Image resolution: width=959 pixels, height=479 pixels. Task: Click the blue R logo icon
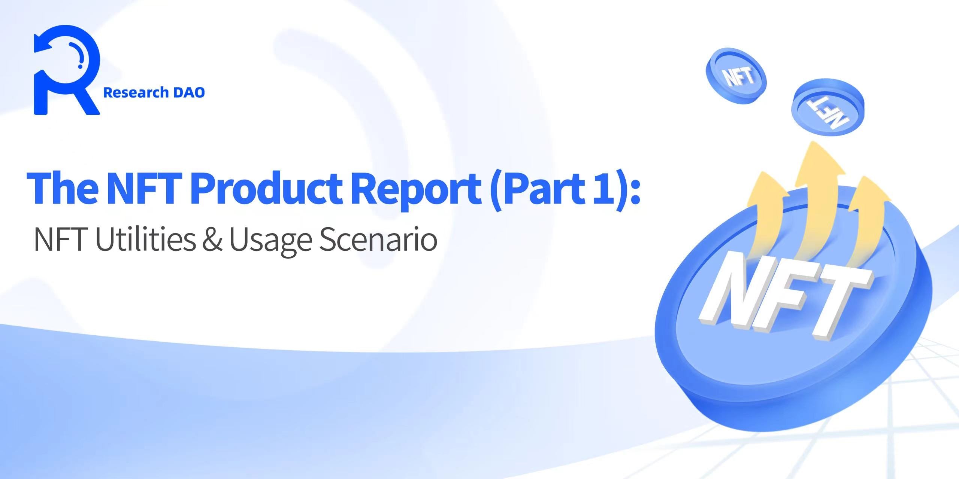67,70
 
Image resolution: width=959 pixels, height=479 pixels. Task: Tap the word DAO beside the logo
189,92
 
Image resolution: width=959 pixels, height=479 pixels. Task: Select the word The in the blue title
62,188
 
